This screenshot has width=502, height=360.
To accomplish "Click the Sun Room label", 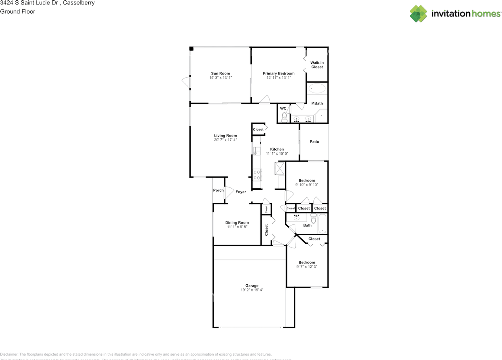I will pyautogui.click(x=220, y=73).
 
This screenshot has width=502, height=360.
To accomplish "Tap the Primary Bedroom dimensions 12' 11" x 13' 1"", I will pyautogui.click(x=278, y=78).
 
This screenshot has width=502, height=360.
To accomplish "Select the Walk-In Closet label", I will pyautogui.click(x=317, y=65).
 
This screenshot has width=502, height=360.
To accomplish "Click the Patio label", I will pyautogui.click(x=314, y=142).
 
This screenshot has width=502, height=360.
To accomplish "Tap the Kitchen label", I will pyautogui.click(x=277, y=149).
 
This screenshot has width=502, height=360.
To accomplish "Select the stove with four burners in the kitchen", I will pyautogui.click(x=257, y=175).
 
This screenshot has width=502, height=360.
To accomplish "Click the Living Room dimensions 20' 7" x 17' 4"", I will pyautogui.click(x=226, y=140).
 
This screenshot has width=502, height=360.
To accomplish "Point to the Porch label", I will pyautogui.click(x=218, y=191).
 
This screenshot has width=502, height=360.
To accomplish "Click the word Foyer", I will pyautogui.click(x=241, y=192).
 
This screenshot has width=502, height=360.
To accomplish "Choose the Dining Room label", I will pyautogui.click(x=237, y=223).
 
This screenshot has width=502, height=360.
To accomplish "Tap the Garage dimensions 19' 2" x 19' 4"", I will pyautogui.click(x=252, y=290).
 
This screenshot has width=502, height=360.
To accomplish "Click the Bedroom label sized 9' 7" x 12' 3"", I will pyautogui.click(x=307, y=262).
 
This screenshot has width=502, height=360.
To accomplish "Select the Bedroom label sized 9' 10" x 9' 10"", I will pyautogui.click(x=307, y=180).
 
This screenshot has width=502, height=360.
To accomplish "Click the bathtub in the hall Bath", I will pyautogui.click(x=322, y=224).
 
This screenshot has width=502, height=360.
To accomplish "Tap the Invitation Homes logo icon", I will pyautogui.click(x=418, y=14).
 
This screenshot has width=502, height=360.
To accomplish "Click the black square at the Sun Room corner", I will pyautogui.click(x=191, y=49).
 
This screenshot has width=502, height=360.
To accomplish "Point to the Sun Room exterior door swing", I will pyautogui.click(x=186, y=82).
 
